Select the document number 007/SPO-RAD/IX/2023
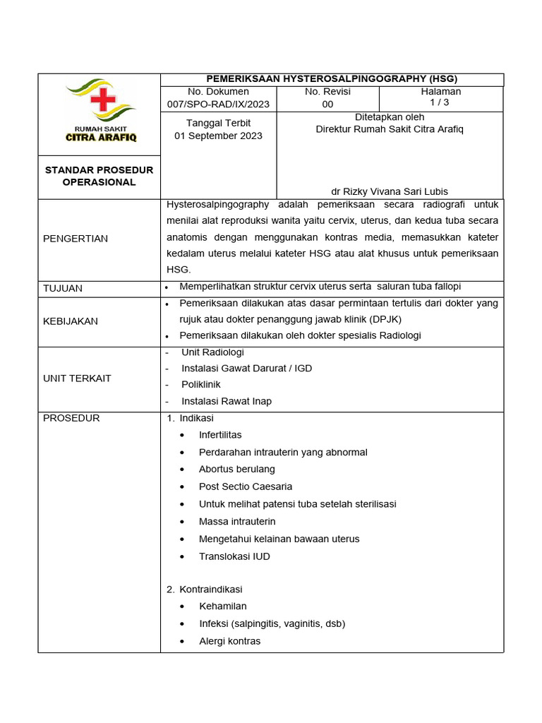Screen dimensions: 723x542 (x=219, y=104)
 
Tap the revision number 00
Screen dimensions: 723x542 (x=327, y=104)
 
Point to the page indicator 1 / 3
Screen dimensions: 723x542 (x=441, y=102)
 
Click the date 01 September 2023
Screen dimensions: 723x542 (x=219, y=136)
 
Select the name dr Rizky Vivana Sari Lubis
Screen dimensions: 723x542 (x=390, y=191)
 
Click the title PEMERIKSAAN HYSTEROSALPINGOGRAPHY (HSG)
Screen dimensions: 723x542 (x=332, y=78)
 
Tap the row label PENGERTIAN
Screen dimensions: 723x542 (x=76, y=239)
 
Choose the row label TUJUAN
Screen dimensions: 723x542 (x=63, y=288)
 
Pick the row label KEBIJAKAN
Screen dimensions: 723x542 (x=71, y=321)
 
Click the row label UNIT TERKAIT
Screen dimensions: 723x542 (x=77, y=378)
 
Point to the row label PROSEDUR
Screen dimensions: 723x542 (x=71, y=418)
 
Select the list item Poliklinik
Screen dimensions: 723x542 (x=200, y=384)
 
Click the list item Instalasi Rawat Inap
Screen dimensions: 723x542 (x=226, y=401)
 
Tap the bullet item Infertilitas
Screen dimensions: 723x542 (x=220, y=435)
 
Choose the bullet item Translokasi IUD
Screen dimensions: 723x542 (x=234, y=556)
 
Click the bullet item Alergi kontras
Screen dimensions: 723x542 (x=229, y=641)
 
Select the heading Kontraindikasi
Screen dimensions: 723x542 (x=210, y=589)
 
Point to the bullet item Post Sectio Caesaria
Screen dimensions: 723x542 (x=245, y=486)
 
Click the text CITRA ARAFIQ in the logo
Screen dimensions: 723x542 (x=101, y=138)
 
